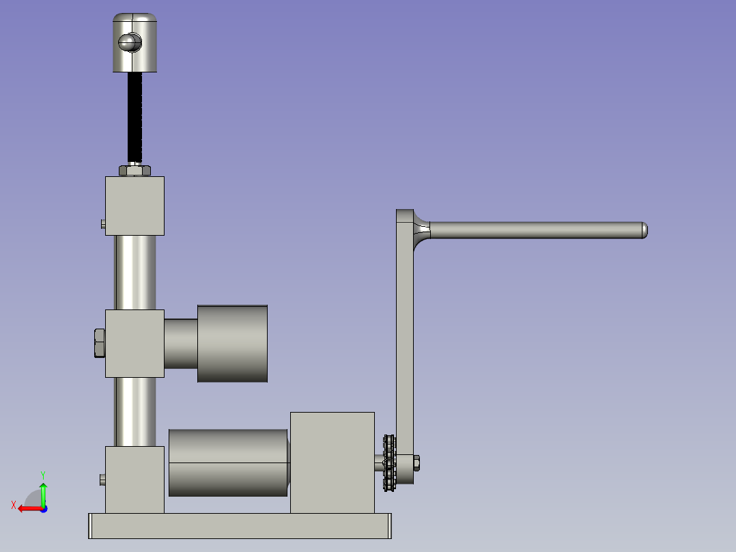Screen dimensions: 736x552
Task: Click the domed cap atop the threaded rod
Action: coord(135,42)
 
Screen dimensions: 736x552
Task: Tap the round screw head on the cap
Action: coord(130,43)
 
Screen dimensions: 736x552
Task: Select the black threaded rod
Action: coord(135,117)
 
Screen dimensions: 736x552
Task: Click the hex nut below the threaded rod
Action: coord(135,170)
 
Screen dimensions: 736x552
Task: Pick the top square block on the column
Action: coord(135,206)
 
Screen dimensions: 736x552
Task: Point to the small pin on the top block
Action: coord(103,224)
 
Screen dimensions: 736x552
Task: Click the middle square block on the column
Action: coord(135,344)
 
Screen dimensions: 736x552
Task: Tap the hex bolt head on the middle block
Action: coord(100,343)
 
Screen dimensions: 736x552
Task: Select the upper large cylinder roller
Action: coord(232,344)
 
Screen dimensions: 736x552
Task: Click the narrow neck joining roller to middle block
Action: coord(181,344)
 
